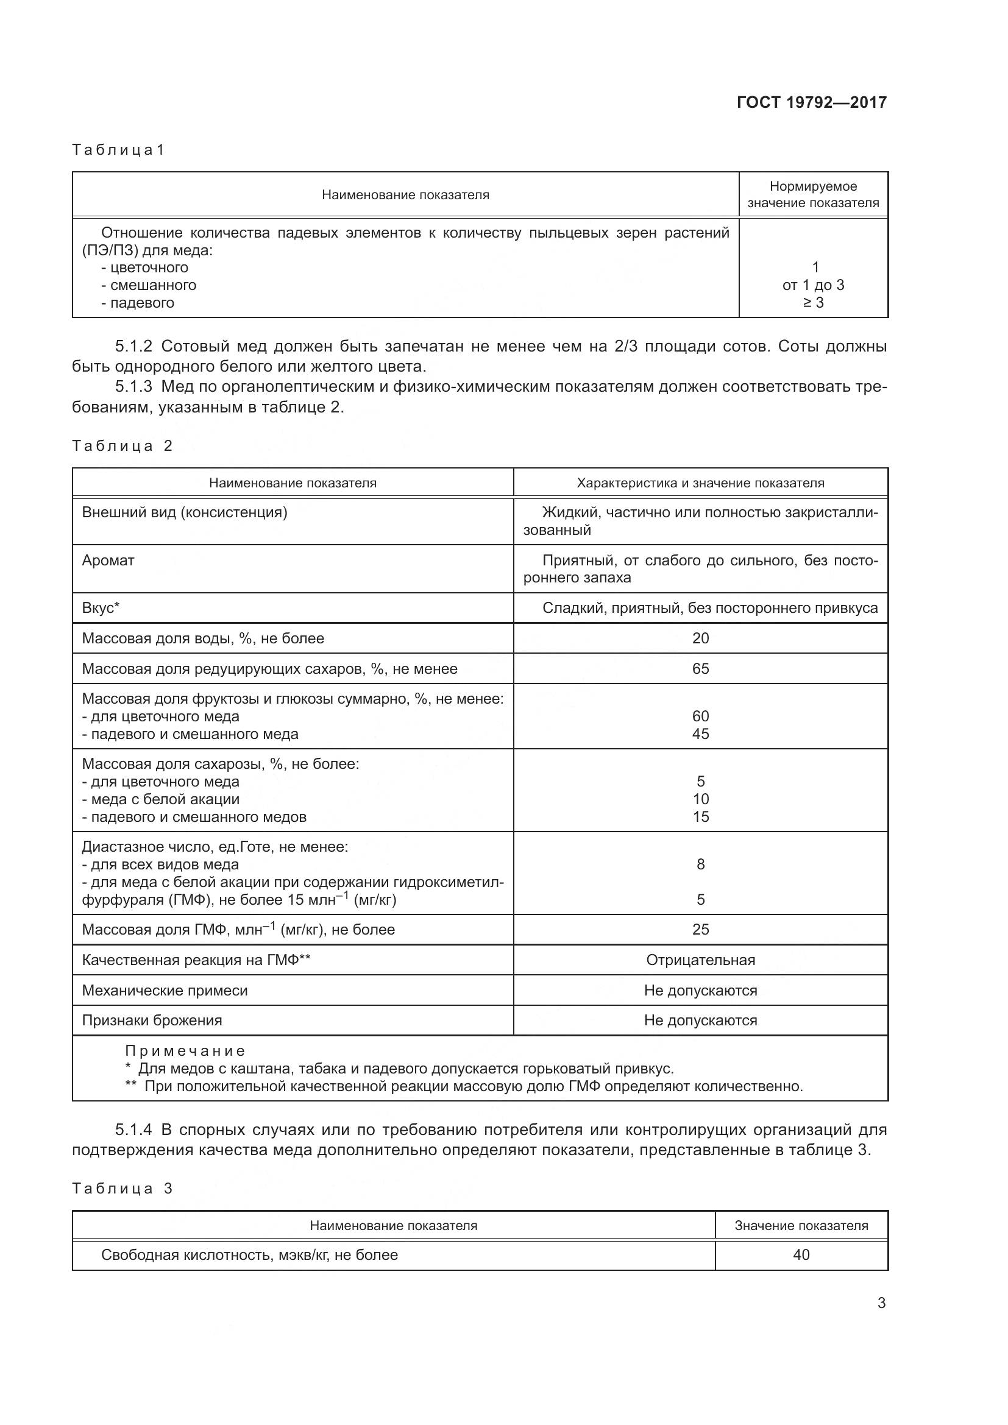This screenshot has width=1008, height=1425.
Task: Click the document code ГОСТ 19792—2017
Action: coord(811,102)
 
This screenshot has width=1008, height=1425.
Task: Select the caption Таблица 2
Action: coord(122,445)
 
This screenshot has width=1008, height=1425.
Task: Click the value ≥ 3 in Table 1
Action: coord(813,303)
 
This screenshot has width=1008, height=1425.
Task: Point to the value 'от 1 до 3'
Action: coord(813,286)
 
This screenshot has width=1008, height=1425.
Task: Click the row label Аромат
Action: coord(108,560)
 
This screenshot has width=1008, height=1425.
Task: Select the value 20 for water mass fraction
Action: coord(700,638)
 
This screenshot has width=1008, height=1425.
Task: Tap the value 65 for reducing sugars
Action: coord(700,668)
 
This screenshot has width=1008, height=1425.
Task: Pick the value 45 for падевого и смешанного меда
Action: coord(700,734)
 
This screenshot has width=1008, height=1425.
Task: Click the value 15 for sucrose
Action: coord(700,817)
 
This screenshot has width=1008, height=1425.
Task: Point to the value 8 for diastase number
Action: coord(700,864)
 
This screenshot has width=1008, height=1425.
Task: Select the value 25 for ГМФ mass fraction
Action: coord(700,929)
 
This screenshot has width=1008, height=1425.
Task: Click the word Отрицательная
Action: coord(700,960)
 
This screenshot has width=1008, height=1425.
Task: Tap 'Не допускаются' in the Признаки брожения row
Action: coord(700,1020)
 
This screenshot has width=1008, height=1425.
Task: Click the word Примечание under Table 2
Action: coord(185,1051)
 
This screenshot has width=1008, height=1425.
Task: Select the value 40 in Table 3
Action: coord(801,1254)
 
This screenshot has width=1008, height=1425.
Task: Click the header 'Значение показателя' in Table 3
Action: coord(801,1225)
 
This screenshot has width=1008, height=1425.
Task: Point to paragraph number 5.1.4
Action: coord(133,1129)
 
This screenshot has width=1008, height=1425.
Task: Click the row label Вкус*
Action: coord(101,607)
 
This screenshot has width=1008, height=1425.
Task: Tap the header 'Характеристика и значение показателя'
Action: coord(700,483)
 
